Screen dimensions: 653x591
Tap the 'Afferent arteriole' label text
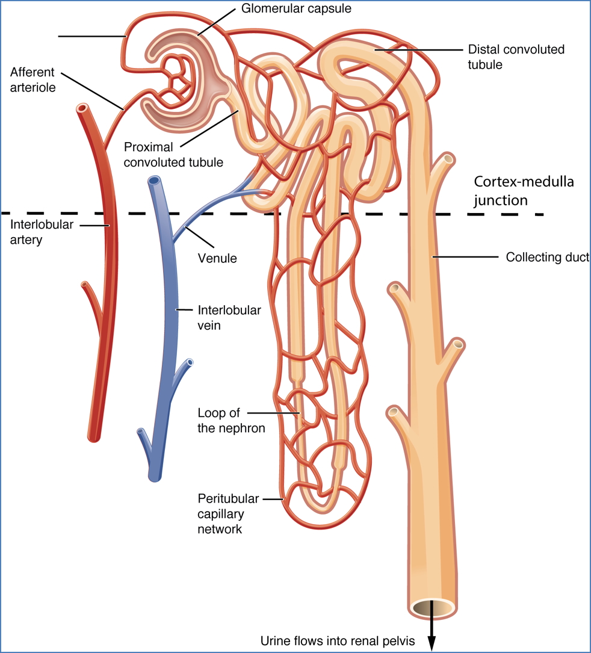pos(32,79)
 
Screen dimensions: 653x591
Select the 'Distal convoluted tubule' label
pos(516,57)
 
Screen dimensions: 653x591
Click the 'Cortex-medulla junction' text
pos(524,190)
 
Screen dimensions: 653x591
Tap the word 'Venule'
pos(217,259)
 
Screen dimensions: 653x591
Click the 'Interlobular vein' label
pos(229,318)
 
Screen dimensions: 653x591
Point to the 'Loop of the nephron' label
pos(231,421)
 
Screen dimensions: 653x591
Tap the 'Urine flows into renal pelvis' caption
pos(338,642)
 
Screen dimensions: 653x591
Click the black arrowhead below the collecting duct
pos(431,645)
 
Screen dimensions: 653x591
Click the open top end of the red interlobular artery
pos(82,110)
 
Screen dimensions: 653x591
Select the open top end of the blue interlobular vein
pos(155,181)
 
